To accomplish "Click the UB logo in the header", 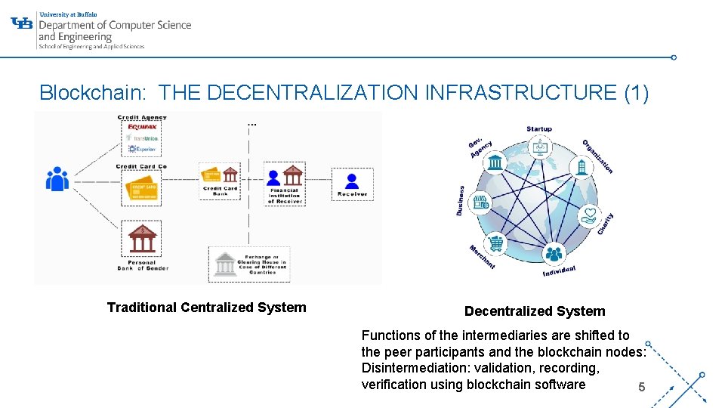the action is click(x=23, y=23).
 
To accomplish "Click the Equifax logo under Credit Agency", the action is click(x=142, y=126).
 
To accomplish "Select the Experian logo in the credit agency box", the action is click(x=142, y=149).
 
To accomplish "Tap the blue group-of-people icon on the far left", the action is click(x=57, y=179).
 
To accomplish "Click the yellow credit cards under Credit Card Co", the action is click(x=142, y=187).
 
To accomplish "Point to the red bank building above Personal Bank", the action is click(x=142, y=238).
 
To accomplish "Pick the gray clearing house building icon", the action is click(x=224, y=264).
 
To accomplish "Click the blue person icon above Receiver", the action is click(x=352, y=181).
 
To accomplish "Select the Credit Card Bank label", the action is click(x=220, y=191).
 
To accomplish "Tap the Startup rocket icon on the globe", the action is click(x=540, y=148).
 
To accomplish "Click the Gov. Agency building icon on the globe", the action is click(x=495, y=162).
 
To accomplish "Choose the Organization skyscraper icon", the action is click(x=582, y=166).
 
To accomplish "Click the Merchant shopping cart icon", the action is click(x=497, y=244).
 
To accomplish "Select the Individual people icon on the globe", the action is click(x=554, y=255).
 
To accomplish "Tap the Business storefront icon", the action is click(x=481, y=202).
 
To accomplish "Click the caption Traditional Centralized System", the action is click(x=206, y=308).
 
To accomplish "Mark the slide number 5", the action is click(x=641, y=388).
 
